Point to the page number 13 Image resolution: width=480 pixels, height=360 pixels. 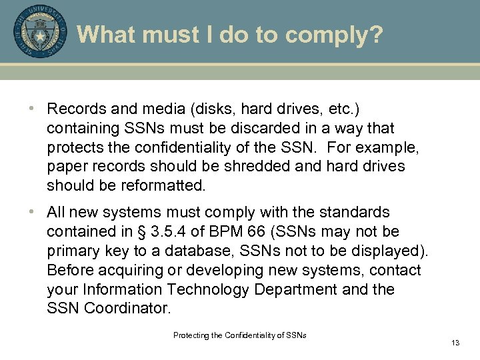click(455, 343)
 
